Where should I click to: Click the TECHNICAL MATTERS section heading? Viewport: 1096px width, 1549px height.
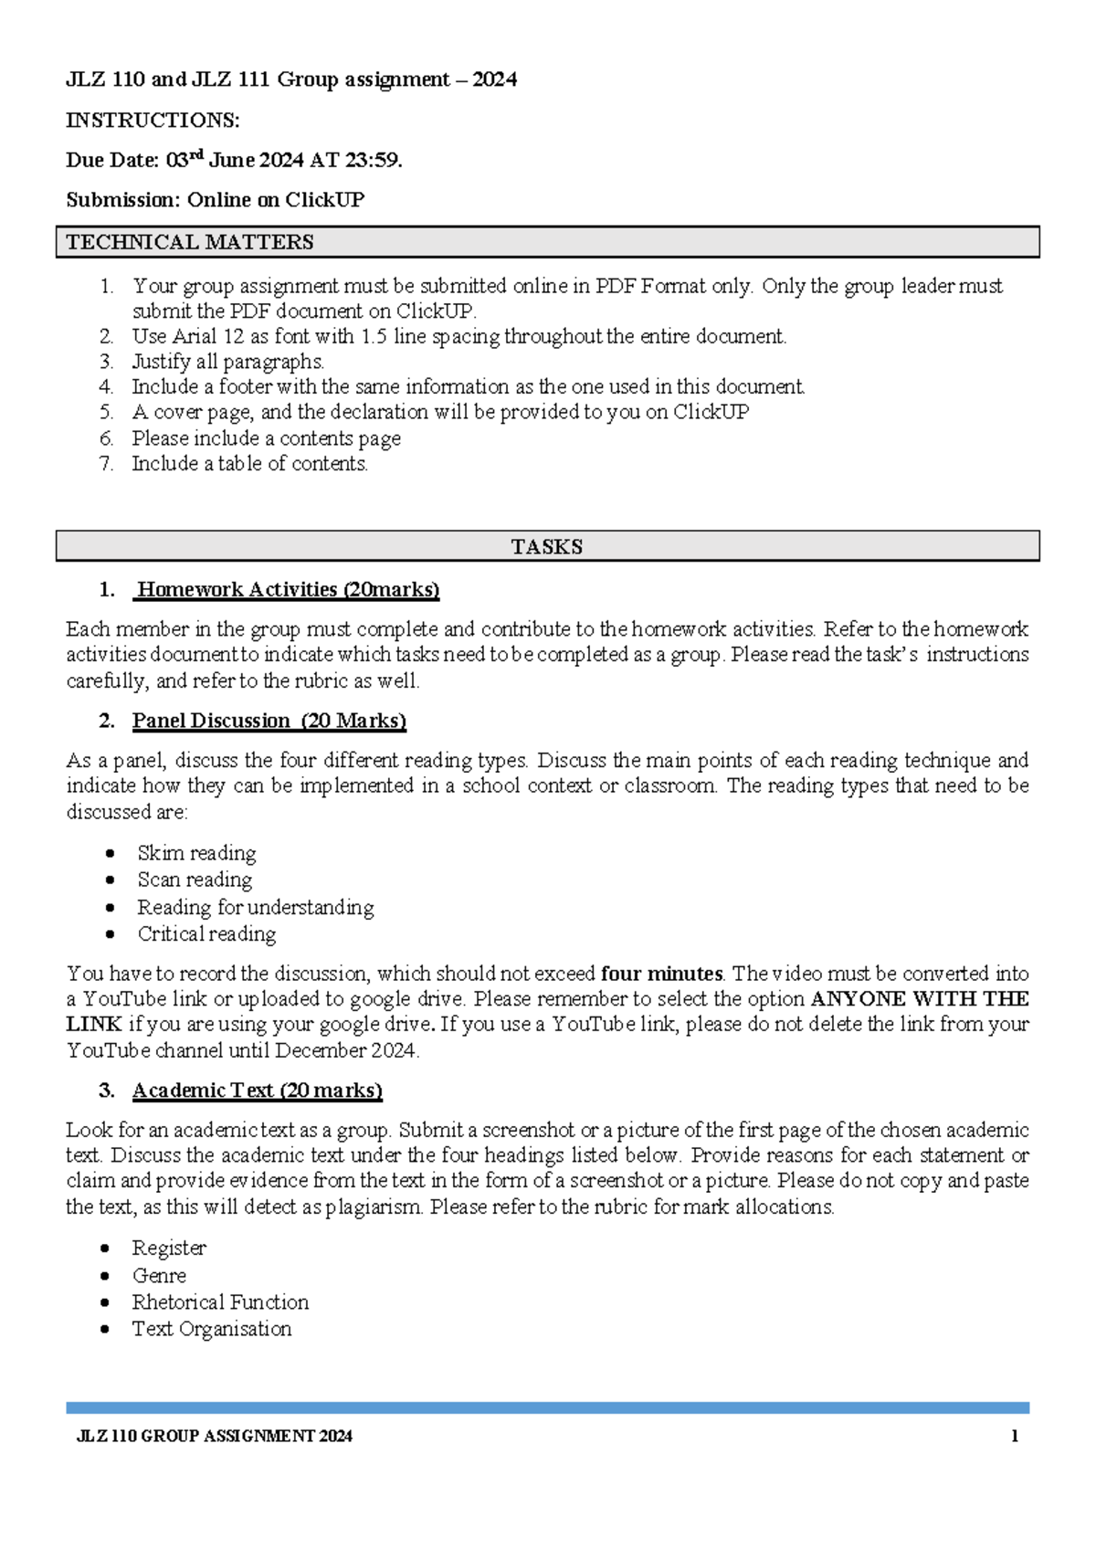tap(190, 242)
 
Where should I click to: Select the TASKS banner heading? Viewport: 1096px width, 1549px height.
tap(546, 546)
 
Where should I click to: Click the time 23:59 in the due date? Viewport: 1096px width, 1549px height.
tap(373, 161)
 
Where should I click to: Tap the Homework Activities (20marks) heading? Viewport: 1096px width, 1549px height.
tap(288, 590)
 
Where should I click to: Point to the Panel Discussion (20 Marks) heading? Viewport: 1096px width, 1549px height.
tap(269, 721)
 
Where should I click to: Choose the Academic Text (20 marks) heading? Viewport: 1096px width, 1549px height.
tap(257, 1091)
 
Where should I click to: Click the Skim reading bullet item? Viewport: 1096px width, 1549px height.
tap(196, 853)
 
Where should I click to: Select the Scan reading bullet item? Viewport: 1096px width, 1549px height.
tap(195, 880)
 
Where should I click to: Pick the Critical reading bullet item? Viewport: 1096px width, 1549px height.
tap(206, 933)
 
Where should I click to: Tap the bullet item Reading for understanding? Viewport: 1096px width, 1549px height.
tap(256, 907)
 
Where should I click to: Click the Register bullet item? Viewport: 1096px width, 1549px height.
tap(169, 1248)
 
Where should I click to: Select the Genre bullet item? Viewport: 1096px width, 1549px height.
tap(159, 1275)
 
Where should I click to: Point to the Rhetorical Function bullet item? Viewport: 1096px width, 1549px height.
tap(220, 1301)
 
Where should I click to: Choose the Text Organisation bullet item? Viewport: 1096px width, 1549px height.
tap(212, 1329)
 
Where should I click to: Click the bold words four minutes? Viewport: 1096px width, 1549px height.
tap(661, 974)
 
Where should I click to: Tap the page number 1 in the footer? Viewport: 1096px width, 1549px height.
tap(1015, 1437)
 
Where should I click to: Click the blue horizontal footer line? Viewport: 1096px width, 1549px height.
tap(547, 1408)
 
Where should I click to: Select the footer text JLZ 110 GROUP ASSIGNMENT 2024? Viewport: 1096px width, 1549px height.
tap(215, 1437)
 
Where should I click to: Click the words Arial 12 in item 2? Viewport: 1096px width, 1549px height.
tap(208, 337)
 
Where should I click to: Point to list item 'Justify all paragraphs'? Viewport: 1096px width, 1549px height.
tap(228, 362)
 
